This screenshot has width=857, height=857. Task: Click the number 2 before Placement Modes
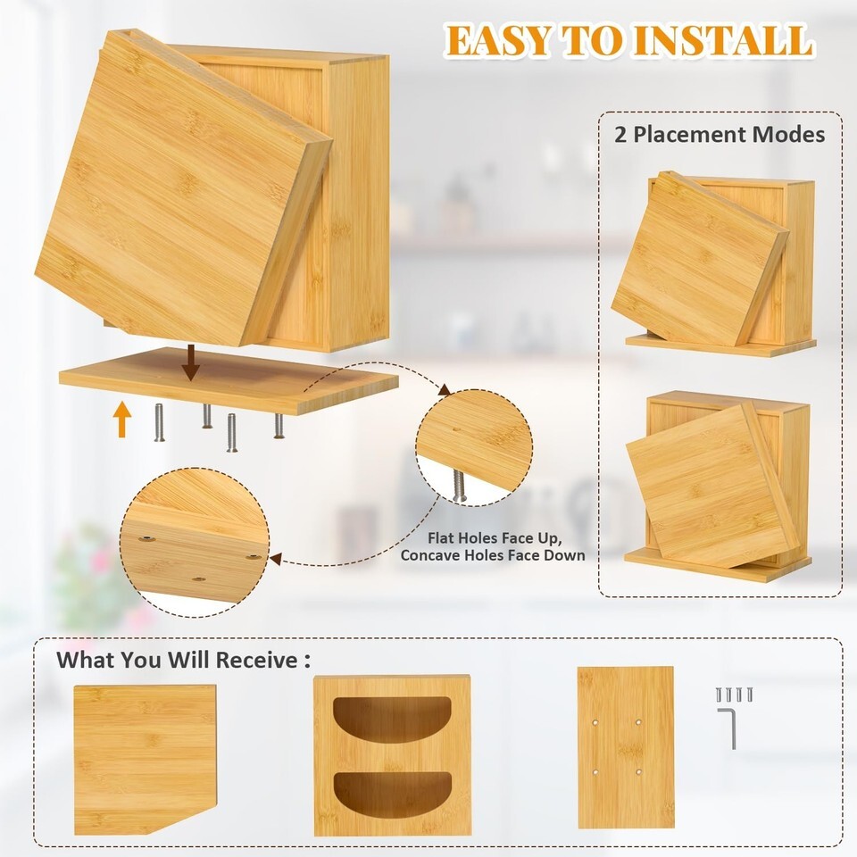point(620,135)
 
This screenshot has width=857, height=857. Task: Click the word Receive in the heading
point(256,660)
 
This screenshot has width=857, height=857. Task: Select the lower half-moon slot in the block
point(392,795)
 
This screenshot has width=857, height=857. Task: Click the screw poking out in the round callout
point(459,487)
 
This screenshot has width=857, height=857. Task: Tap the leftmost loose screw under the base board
point(159,422)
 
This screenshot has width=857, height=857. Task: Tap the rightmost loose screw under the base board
point(279,426)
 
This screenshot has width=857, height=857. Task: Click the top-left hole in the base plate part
point(595,722)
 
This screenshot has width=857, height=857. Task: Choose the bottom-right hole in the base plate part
point(638,772)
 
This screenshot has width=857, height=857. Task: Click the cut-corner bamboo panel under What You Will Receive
point(145,759)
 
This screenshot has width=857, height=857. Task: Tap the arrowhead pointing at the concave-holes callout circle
point(277,559)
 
